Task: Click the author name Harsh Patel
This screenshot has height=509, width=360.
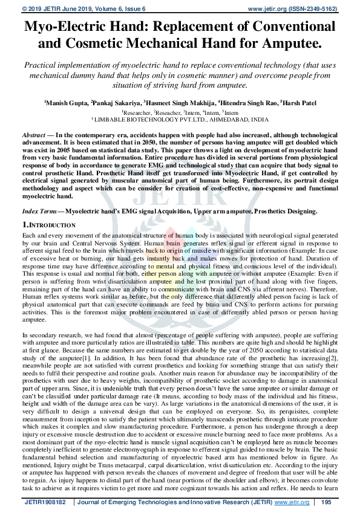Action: click(297, 103)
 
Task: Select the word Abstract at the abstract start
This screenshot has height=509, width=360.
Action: click(33, 134)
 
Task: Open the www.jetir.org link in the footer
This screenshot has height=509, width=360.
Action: click(289, 502)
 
